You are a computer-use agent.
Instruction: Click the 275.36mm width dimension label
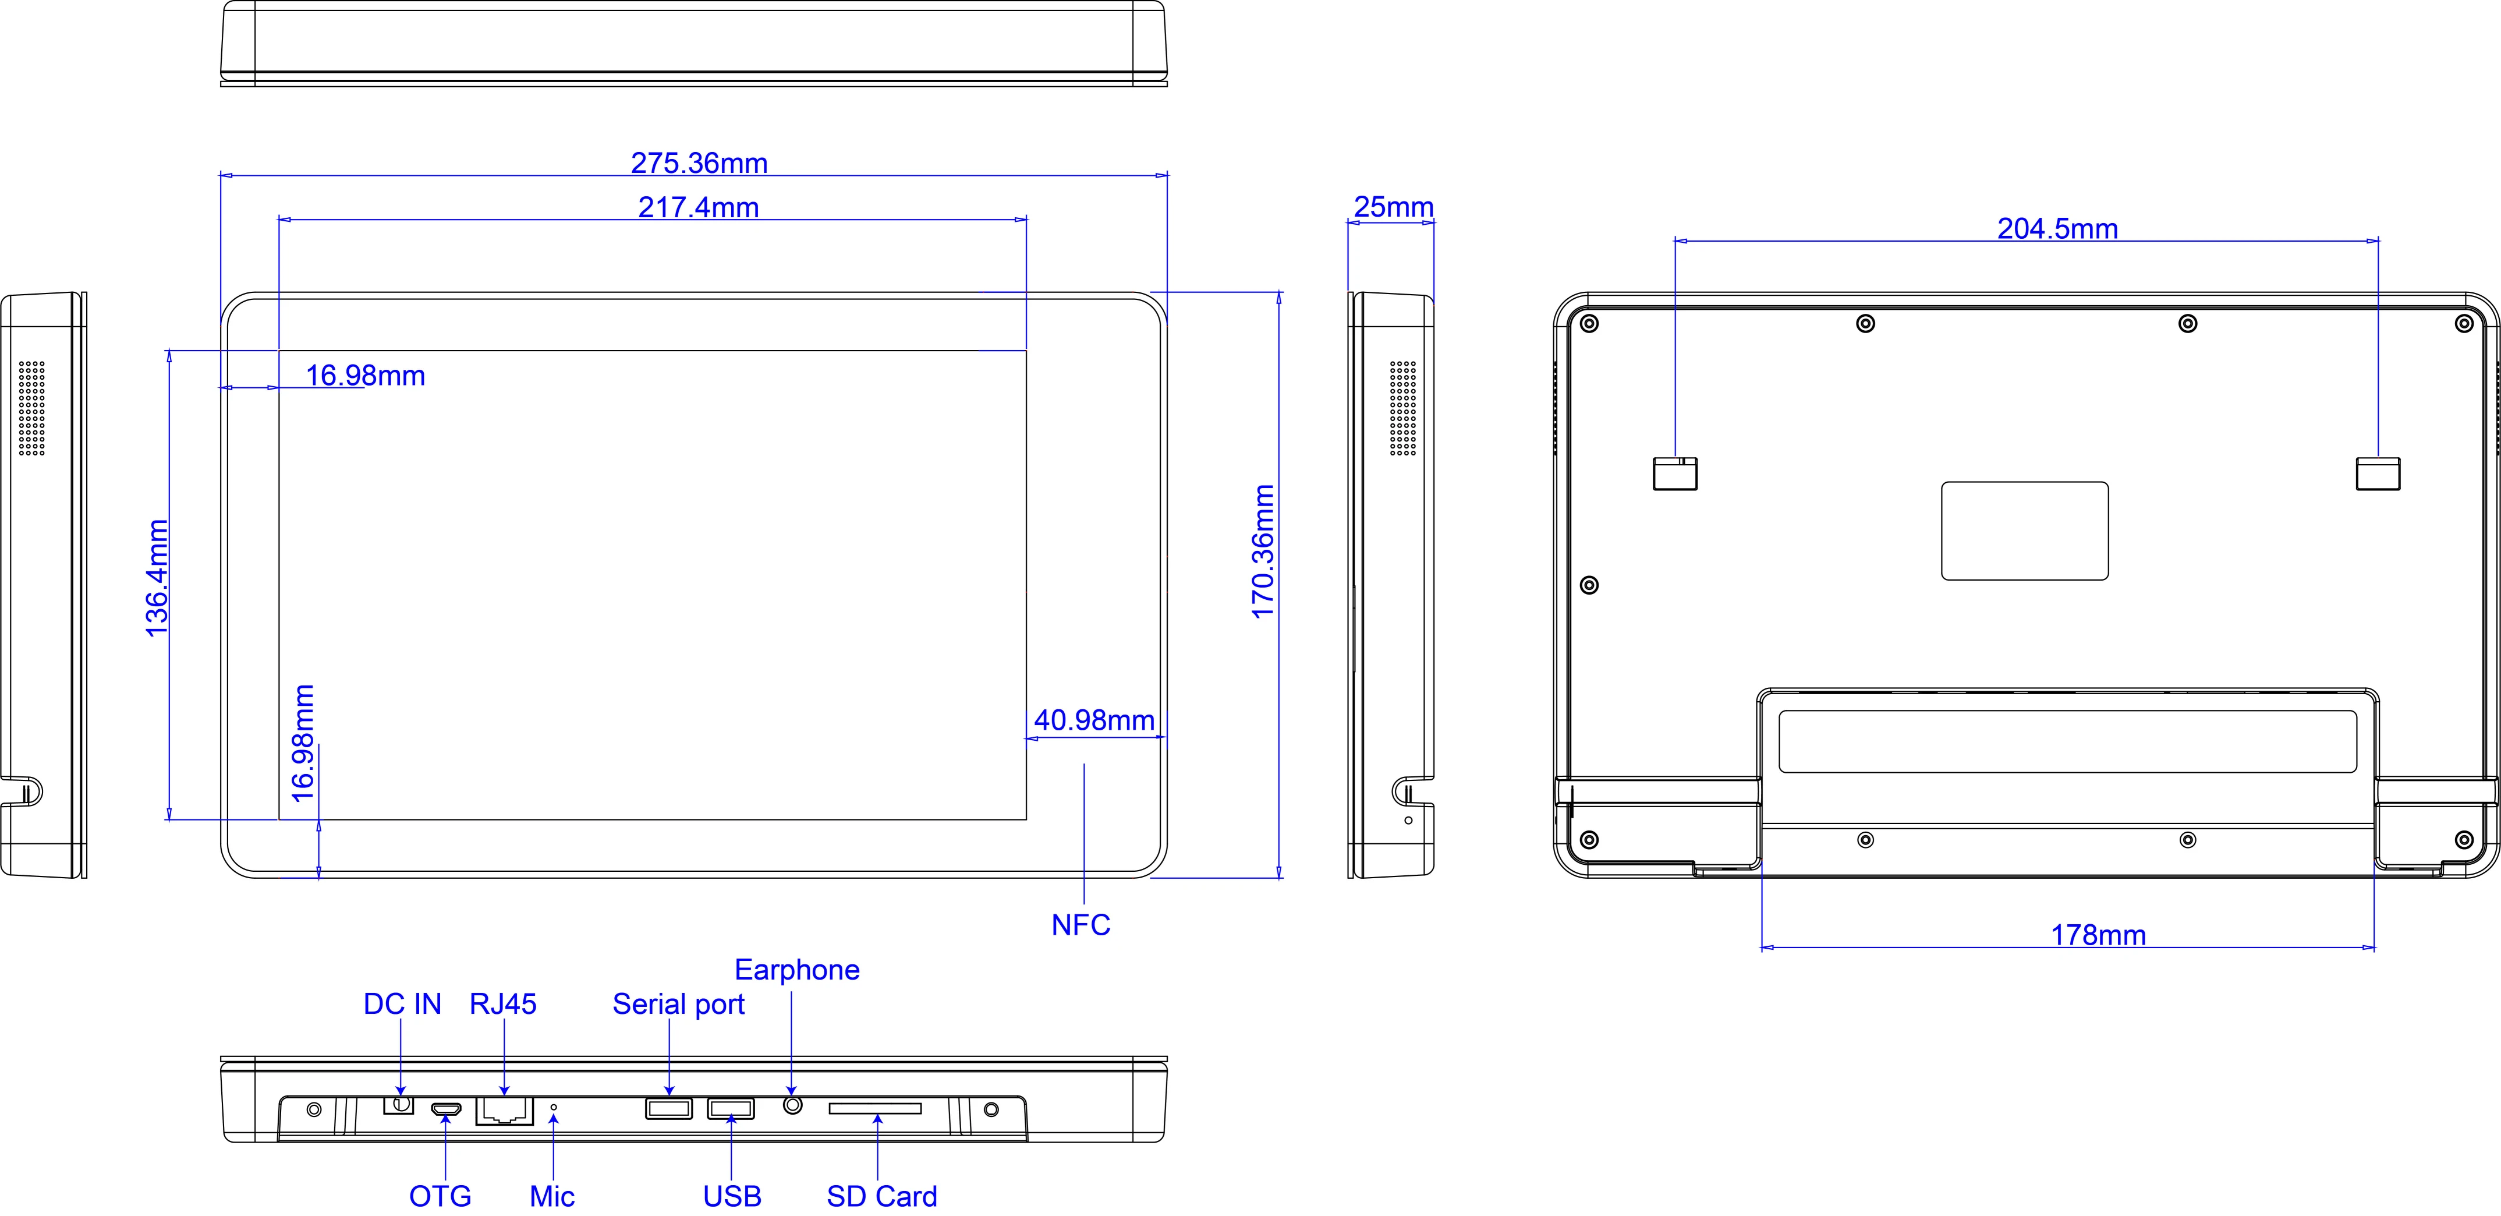(699, 163)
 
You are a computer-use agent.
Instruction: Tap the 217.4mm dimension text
(698, 207)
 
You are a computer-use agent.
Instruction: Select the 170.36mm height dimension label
(1262, 552)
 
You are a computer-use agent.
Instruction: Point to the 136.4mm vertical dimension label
(156, 579)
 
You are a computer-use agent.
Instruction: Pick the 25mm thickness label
(1393, 207)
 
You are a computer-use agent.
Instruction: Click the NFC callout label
(1081, 925)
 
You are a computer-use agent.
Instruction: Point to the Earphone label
(797, 969)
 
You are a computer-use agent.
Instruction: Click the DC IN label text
(402, 1003)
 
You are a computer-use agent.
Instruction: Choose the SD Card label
(881, 1196)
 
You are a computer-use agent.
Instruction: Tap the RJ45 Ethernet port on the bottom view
(504, 1110)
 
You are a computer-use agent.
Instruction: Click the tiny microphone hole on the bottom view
(554, 1107)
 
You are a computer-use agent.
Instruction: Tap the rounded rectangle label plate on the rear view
(2024, 531)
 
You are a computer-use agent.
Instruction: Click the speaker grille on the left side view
(31, 408)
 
